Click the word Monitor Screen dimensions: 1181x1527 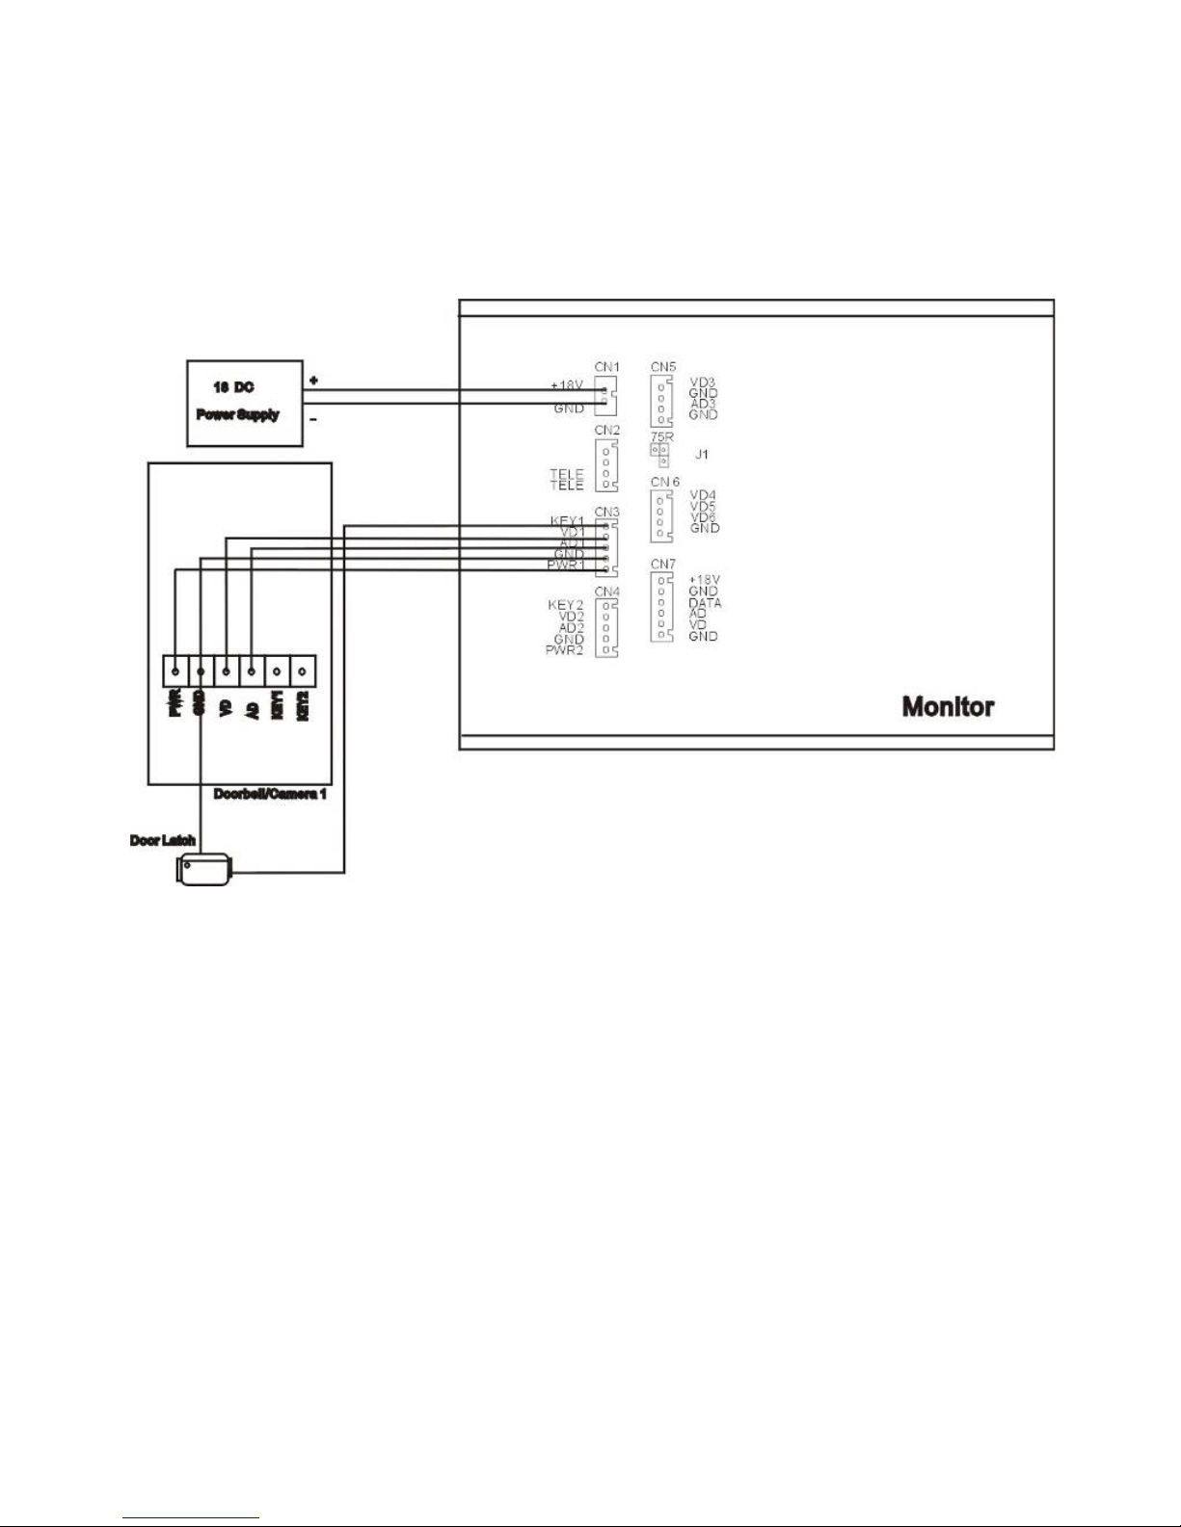947,706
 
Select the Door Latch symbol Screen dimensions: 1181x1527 202,869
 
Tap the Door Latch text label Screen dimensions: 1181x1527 162,841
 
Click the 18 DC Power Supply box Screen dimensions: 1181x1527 244,403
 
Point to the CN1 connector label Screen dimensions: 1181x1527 606,367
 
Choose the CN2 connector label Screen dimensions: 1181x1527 606,430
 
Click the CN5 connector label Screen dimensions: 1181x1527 663,367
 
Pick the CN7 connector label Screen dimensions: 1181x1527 663,564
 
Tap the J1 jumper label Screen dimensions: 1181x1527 702,454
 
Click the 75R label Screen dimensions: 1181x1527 661,437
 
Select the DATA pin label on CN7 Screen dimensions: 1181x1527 705,603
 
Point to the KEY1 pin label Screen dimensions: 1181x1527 567,521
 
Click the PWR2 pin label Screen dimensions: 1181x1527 565,650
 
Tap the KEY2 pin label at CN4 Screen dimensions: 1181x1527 566,605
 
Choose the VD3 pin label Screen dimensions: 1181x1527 703,382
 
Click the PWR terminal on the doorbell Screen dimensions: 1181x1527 174,671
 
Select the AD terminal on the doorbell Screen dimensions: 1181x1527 252,671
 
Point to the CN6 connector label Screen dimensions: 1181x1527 664,482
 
